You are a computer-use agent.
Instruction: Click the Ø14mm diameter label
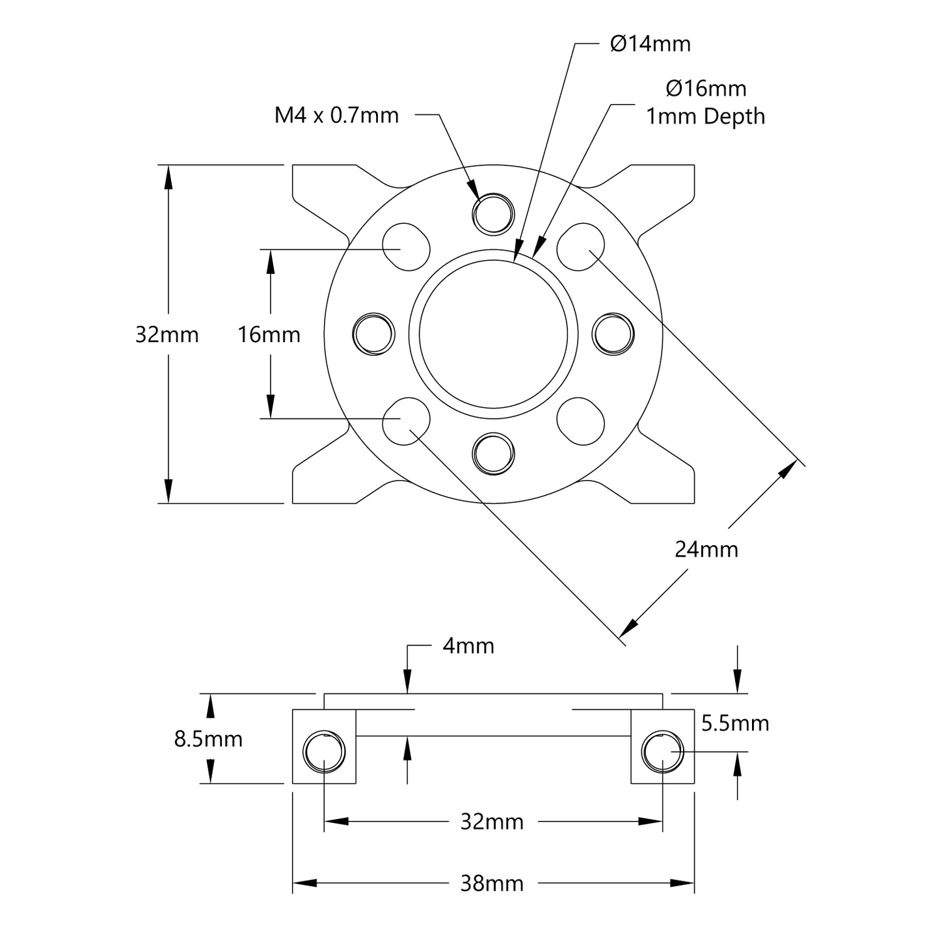(x=650, y=44)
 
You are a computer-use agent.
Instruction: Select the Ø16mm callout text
(x=706, y=88)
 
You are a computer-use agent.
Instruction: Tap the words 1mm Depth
(x=705, y=116)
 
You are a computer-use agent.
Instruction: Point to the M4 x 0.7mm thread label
(x=336, y=116)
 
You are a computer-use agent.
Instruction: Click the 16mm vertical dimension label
(x=269, y=335)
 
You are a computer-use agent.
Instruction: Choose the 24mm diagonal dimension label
(x=706, y=550)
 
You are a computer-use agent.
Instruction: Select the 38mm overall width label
(x=492, y=883)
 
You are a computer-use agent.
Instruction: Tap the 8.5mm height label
(x=208, y=739)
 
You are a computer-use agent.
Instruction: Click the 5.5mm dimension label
(x=735, y=723)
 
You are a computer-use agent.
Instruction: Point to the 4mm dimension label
(x=468, y=646)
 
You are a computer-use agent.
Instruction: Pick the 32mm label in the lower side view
(x=492, y=822)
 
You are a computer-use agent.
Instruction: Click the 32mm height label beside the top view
(x=167, y=335)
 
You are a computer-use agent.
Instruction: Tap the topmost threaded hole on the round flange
(x=494, y=213)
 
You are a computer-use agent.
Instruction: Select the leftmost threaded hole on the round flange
(x=374, y=334)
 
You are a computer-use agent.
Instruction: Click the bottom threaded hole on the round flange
(x=494, y=453)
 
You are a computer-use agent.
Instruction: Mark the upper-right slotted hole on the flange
(x=580, y=247)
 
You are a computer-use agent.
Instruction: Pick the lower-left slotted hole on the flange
(x=407, y=421)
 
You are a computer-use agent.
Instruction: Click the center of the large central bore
(x=494, y=334)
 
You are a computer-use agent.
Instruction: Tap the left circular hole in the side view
(x=324, y=752)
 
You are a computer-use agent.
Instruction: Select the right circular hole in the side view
(x=662, y=752)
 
